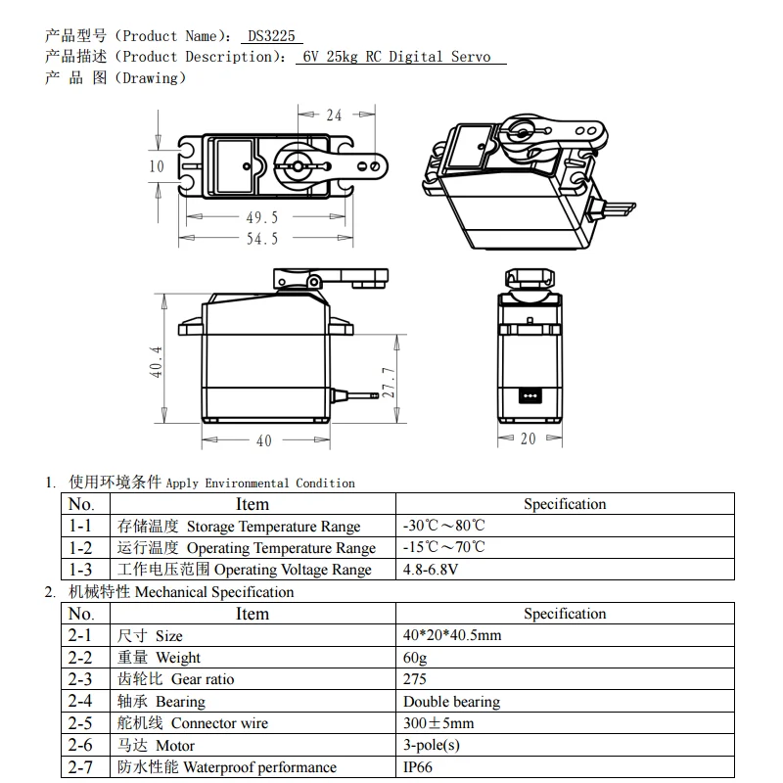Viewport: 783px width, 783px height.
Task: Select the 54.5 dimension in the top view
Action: point(261,239)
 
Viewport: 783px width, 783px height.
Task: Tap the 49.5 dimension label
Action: point(261,217)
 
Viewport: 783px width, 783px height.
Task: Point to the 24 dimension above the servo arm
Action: point(334,115)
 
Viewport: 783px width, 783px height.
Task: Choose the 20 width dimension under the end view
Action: point(528,438)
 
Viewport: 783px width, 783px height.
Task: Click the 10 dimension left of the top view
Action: point(157,166)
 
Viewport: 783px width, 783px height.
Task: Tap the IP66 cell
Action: point(417,767)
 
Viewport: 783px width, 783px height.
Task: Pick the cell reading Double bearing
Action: point(451,701)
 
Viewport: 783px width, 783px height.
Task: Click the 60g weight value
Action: point(415,657)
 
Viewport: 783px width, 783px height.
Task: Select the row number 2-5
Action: point(80,723)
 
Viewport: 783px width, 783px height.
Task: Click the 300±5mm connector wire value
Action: point(438,723)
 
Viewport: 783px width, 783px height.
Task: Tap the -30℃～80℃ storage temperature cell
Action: point(443,526)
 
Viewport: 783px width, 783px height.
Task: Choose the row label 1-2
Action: point(80,547)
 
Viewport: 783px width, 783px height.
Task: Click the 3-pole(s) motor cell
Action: point(431,745)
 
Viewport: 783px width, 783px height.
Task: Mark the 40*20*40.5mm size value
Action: point(451,635)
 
